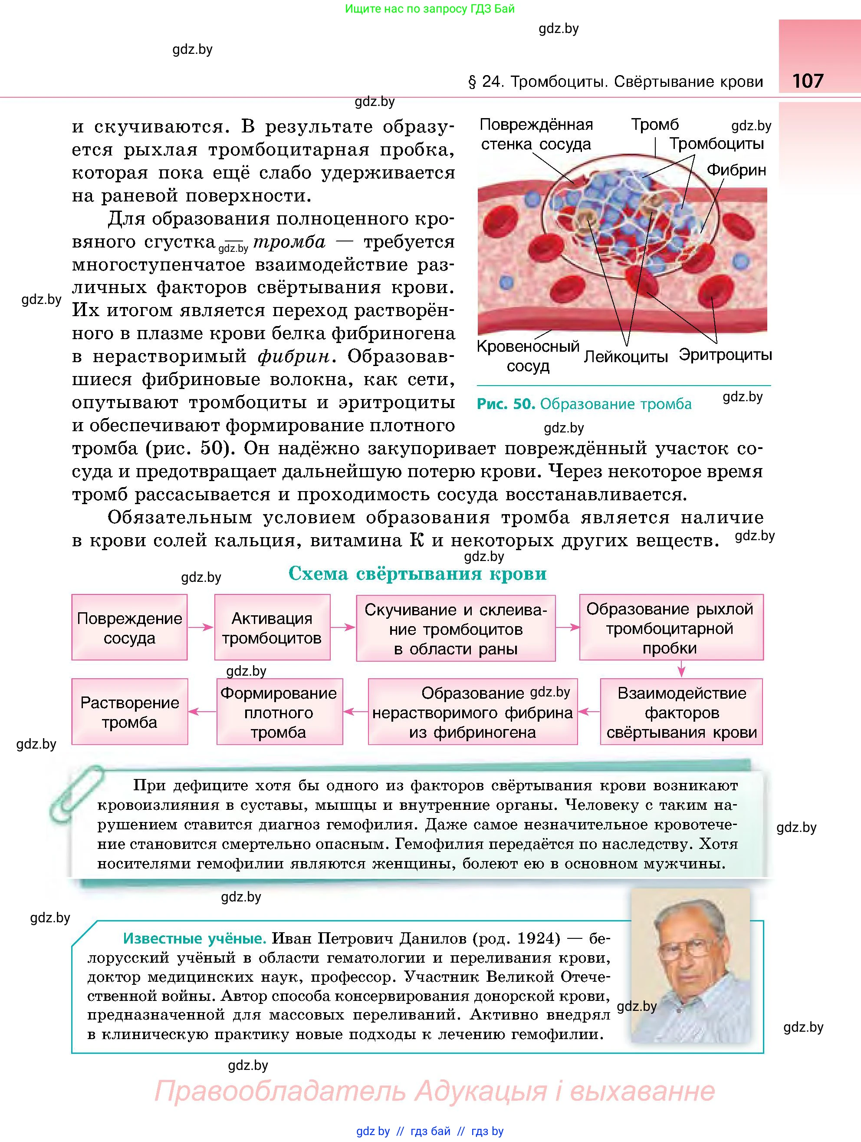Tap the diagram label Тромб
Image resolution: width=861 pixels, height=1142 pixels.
click(655, 125)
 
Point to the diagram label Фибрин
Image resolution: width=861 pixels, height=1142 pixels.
click(736, 170)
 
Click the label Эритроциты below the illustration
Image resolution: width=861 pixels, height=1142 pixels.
click(725, 355)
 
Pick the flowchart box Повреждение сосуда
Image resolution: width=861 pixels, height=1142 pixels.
click(129, 627)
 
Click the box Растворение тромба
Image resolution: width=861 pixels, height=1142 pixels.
click(129, 712)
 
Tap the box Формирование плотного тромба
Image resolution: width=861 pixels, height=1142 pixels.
click(279, 712)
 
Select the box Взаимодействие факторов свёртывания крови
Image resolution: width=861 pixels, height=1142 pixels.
click(681, 712)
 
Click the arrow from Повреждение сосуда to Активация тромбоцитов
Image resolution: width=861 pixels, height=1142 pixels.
click(200, 627)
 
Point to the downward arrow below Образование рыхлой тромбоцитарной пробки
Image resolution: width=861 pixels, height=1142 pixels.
click(681, 670)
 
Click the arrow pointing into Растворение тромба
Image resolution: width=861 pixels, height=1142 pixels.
click(202, 712)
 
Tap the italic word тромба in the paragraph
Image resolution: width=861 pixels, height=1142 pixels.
click(289, 241)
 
